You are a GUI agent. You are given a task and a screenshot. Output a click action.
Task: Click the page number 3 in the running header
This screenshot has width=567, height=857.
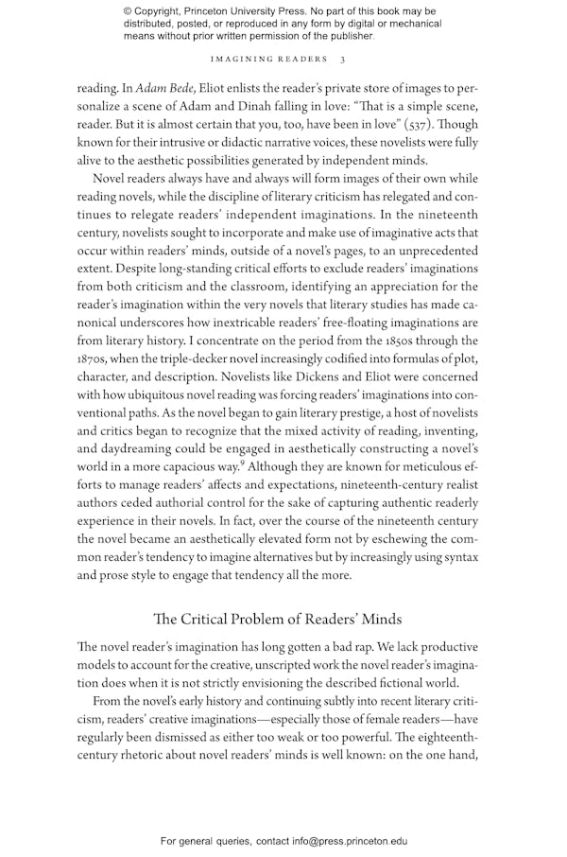click(355, 59)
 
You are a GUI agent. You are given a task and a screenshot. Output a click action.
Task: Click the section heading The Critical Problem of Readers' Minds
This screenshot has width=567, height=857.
click(277, 619)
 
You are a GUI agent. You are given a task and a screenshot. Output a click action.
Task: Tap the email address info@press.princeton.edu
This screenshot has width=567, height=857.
click(337, 840)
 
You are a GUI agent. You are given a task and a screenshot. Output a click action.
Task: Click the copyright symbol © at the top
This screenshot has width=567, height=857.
click(129, 11)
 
